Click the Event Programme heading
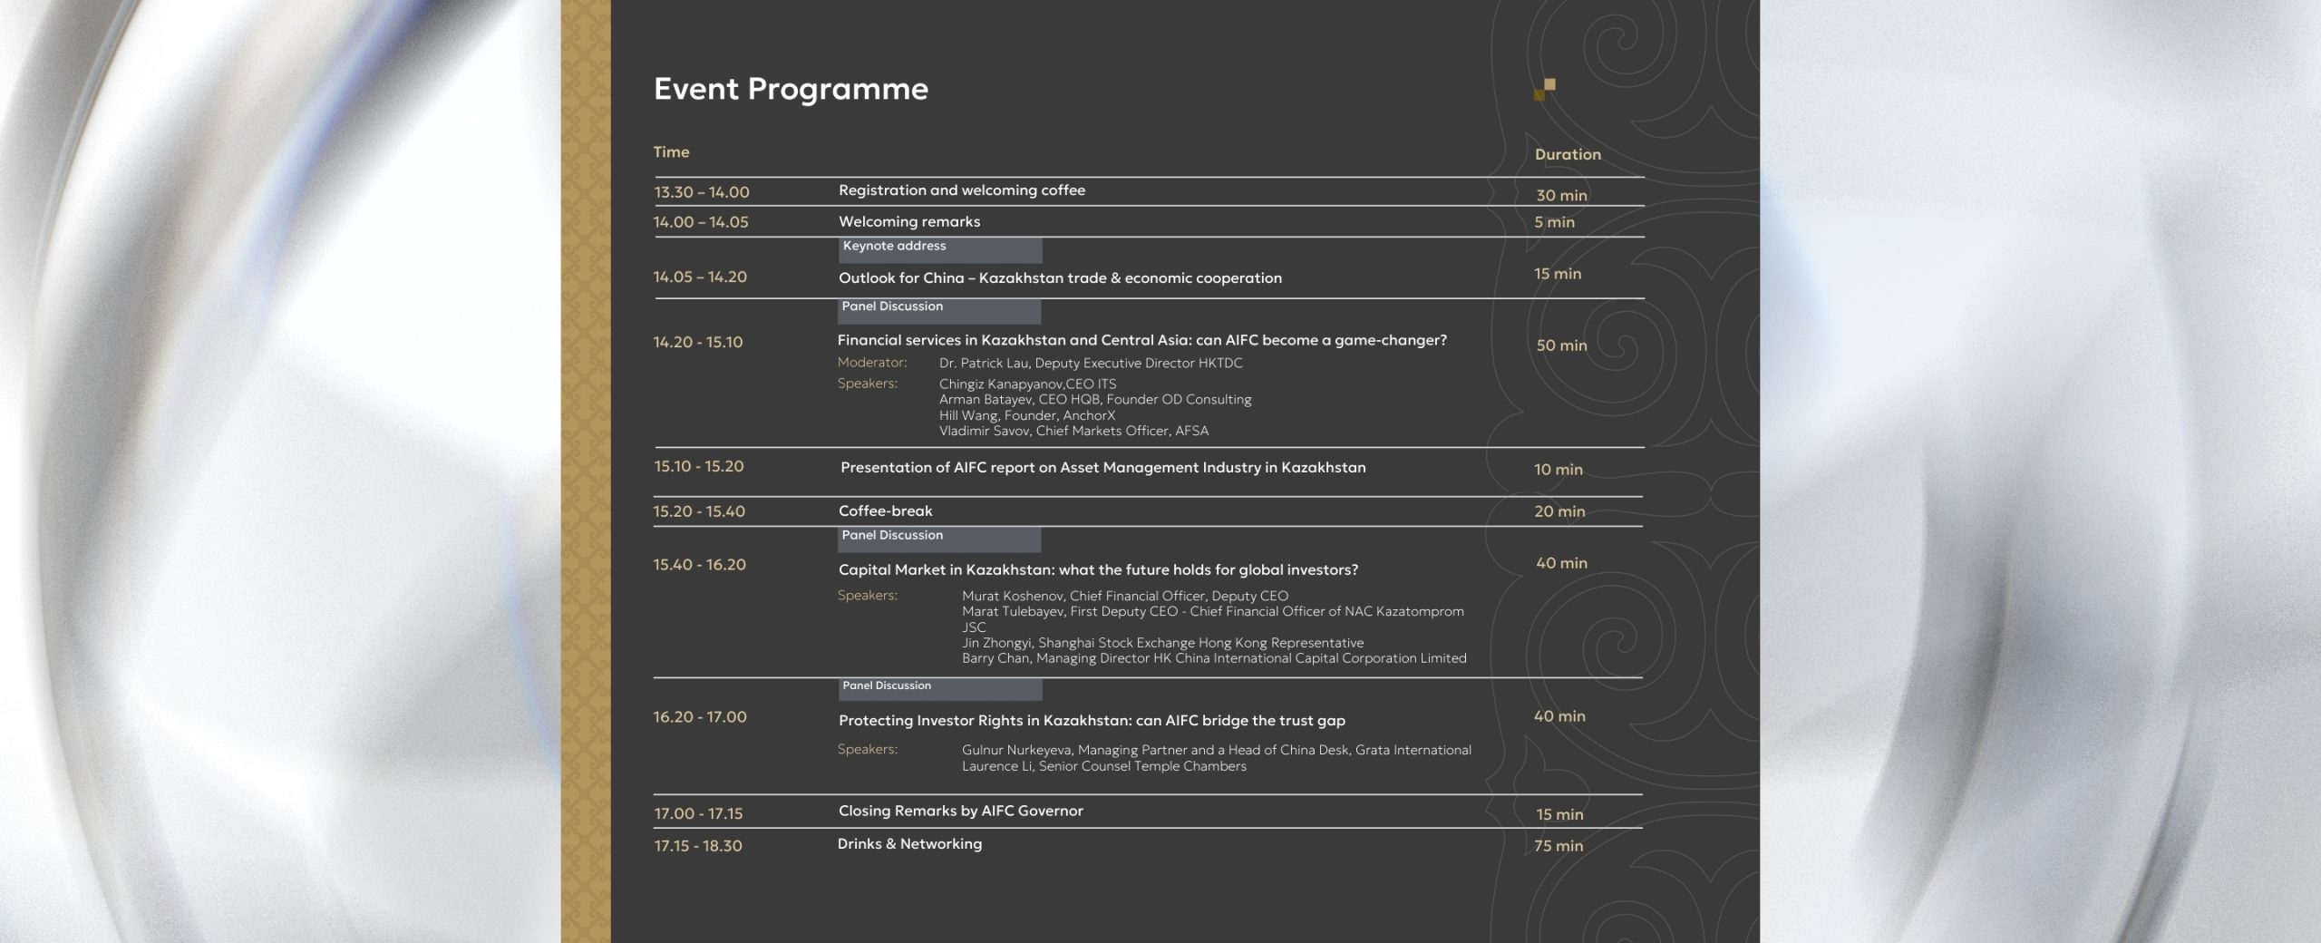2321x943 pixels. pos(791,90)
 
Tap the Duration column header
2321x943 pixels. pos(1568,154)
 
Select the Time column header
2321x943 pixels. pos(672,151)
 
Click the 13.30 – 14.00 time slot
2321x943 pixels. pos(702,192)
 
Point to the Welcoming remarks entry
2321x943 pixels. pos(909,221)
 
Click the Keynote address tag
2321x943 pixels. pos(894,246)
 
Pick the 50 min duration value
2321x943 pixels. pos(1561,345)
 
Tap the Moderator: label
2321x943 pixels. pos(872,363)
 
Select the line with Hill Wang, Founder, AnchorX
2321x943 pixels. pos(1027,415)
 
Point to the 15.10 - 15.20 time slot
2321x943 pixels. pos(699,466)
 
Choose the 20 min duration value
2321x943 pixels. pos(1559,511)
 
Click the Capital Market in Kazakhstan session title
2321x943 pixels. pos(1098,570)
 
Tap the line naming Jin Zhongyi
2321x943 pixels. pos(1162,643)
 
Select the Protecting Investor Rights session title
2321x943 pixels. pos(1092,721)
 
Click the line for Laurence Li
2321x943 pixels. pos(1104,766)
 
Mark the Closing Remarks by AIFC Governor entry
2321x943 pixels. pos(961,811)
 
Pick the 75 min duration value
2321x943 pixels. pos(1559,846)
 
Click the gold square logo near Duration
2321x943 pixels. pos(1545,90)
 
